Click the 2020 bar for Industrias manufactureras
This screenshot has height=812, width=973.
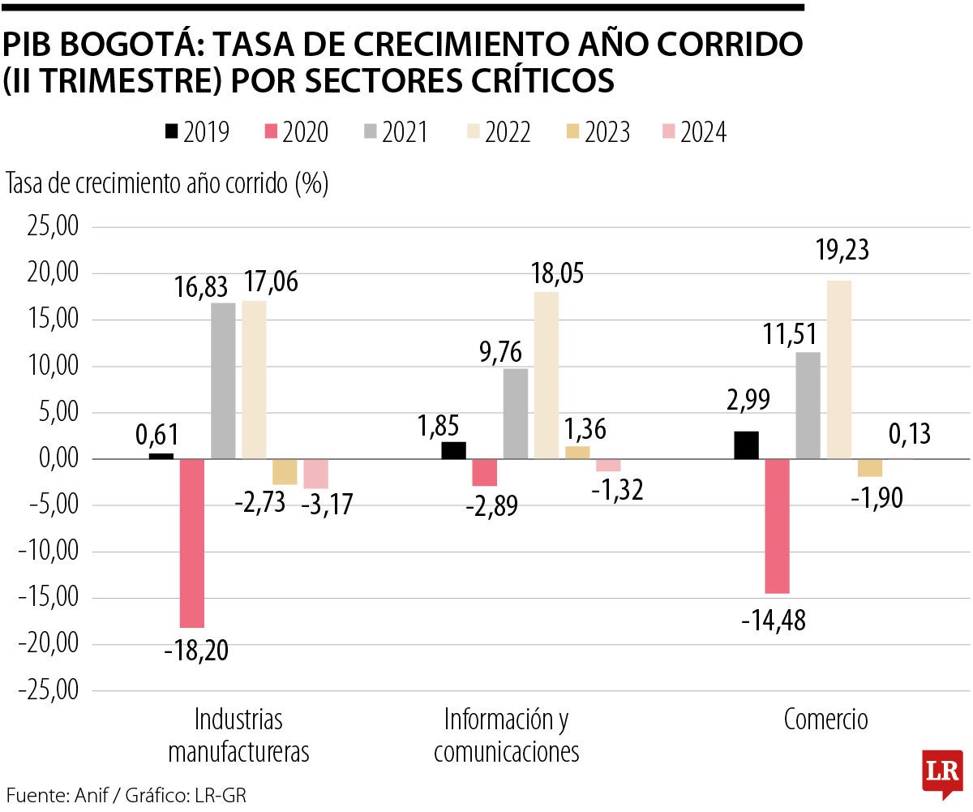[x=191, y=543]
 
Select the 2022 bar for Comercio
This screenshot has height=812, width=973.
[x=838, y=370]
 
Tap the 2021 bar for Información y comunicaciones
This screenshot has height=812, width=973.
[x=516, y=414]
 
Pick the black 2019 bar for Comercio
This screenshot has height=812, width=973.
[x=746, y=445]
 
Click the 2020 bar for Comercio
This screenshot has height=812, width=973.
[x=777, y=526]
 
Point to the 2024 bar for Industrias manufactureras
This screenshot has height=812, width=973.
[x=315, y=474]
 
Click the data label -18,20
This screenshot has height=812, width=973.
[x=195, y=651]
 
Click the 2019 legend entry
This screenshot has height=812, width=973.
[x=197, y=132]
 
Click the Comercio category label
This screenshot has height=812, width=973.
[x=825, y=720]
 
